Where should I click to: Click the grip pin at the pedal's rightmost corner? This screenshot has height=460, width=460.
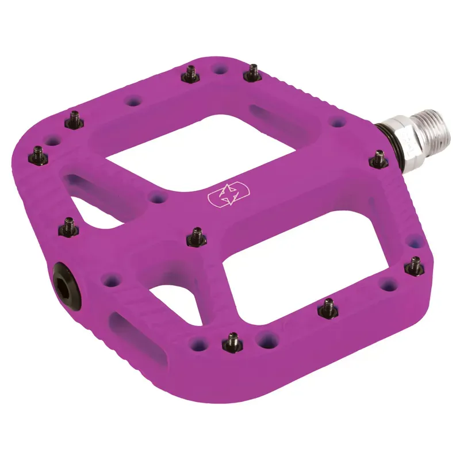point(415,264)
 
